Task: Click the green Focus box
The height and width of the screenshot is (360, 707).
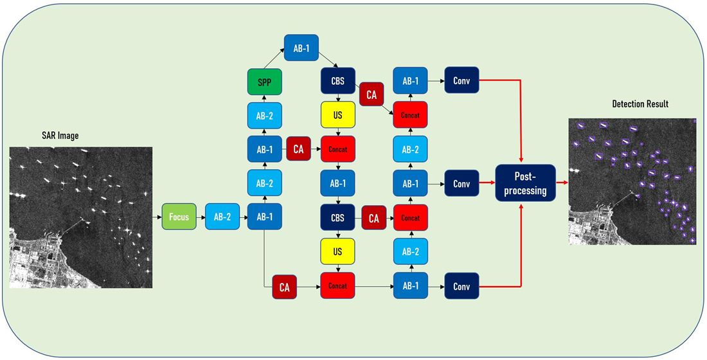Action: point(179,218)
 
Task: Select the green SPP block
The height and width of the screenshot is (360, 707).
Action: point(265,82)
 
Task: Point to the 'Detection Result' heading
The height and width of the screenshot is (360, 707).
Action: point(640,104)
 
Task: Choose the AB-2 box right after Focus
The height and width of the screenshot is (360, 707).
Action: point(222,218)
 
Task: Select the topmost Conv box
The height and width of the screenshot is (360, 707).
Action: point(461,81)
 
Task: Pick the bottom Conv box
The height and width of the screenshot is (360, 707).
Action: point(461,286)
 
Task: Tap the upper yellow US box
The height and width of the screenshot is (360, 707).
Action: point(337,116)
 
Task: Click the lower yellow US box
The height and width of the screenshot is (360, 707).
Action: point(337,252)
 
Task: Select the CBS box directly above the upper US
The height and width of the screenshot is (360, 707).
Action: point(337,82)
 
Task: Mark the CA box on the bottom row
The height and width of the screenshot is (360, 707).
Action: point(284,287)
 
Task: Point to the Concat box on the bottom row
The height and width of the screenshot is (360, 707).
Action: point(337,286)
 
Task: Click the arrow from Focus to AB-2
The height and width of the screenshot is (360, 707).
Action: point(201,218)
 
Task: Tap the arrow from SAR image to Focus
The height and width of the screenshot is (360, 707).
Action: point(157,218)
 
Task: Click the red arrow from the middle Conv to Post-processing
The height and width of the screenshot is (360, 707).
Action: point(487,183)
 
